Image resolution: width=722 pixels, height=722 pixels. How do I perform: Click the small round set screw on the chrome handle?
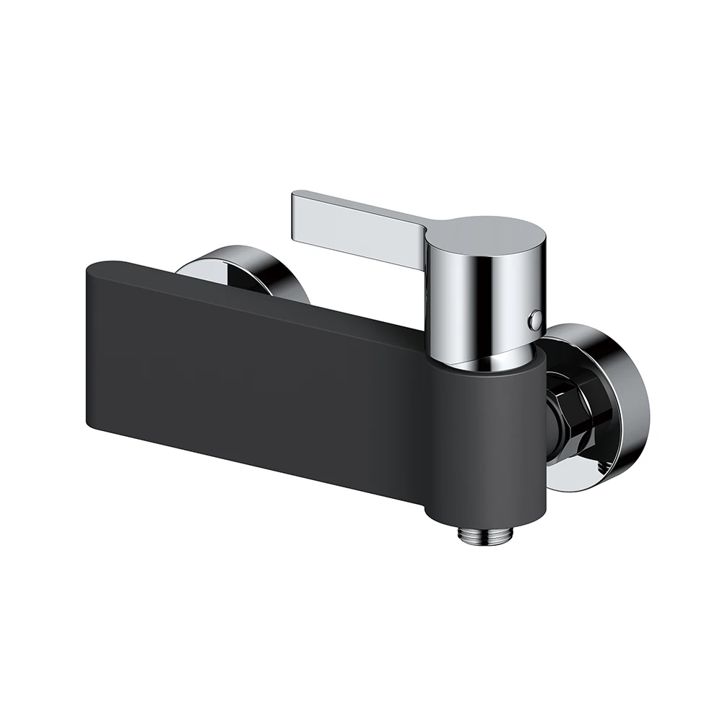(x=534, y=316)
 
